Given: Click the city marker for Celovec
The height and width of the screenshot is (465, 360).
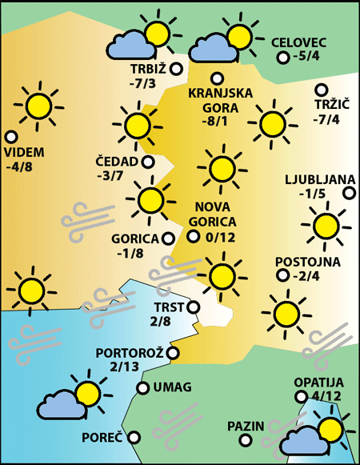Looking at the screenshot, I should pyautogui.click(x=282, y=58).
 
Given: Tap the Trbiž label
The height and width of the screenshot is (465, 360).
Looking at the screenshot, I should pyautogui.click(x=146, y=68).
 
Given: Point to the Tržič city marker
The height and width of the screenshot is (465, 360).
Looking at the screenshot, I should pyautogui.click(x=322, y=90).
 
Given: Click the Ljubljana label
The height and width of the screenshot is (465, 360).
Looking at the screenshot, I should pyautogui.click(x=314, y=178).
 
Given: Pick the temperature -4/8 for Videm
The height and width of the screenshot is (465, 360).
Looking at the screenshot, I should pyautogui.click(x=18, y=167).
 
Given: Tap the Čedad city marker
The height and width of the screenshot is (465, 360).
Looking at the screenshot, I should pyautogui.click(x=148, y=162).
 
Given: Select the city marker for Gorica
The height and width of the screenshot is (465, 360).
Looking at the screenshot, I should pyautogui.click(x=168, y=238).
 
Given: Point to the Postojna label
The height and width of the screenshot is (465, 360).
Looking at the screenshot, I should pyautogui.click(x=307, y=262).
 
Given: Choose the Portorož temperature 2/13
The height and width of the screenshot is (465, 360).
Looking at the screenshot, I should pyautogui.click(x=130, y=367).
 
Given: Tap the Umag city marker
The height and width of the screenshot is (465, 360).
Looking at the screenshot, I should pyautogui.click(x=143, y=388).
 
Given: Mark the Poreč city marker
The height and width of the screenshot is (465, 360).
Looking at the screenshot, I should pyautogui.click(x=134, y=438).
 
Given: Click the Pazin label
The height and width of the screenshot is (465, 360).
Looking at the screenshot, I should pyautogui.click(x=245, y=426).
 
